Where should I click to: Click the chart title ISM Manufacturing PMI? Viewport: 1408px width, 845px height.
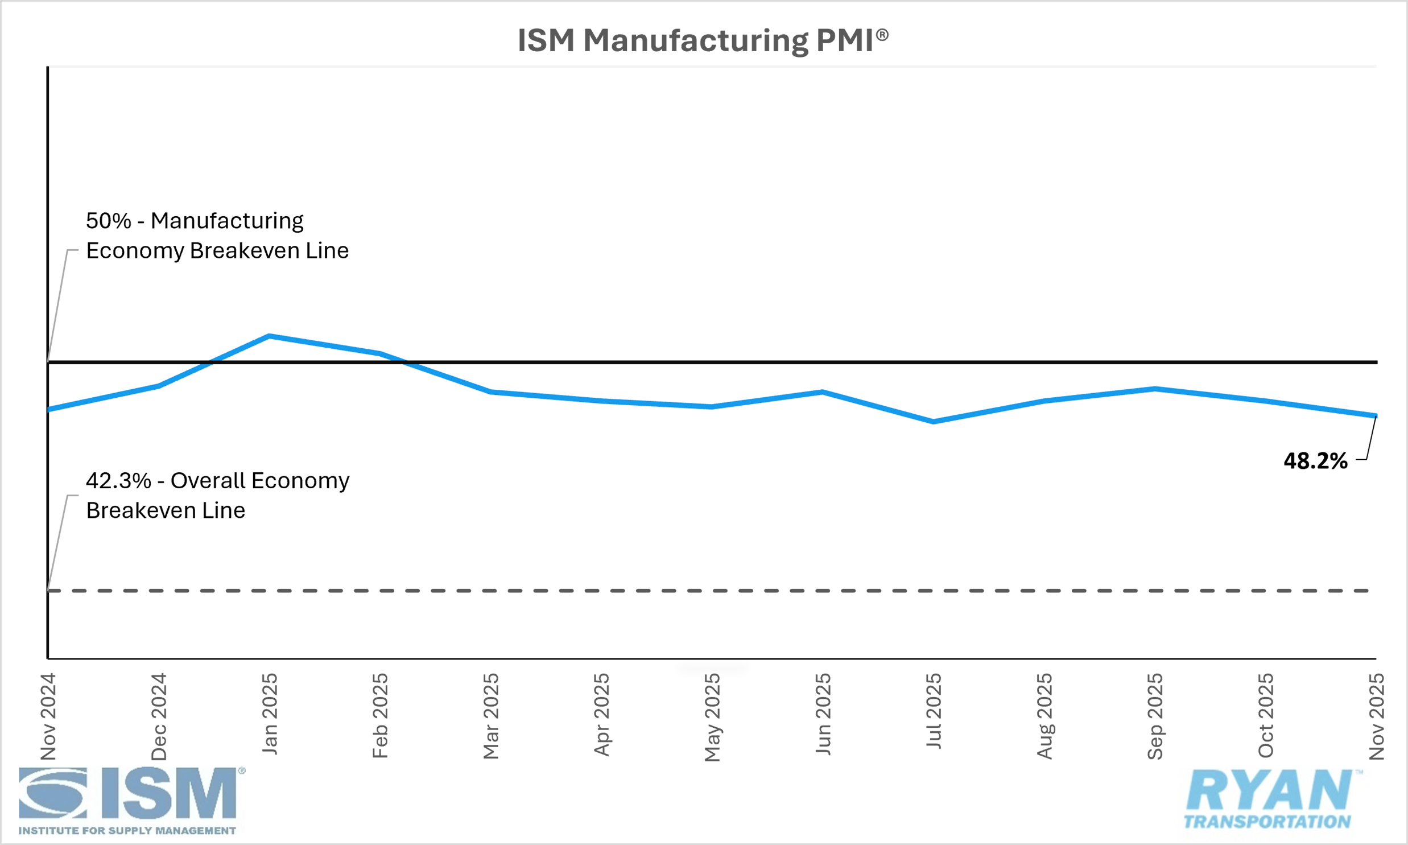702,41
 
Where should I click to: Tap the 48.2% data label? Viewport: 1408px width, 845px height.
1315,461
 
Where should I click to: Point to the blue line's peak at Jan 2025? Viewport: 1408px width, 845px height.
269,336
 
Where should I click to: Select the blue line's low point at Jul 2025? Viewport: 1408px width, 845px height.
934,422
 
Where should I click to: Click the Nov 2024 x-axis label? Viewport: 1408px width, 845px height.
48,716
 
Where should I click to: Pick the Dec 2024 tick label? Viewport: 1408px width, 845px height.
159,716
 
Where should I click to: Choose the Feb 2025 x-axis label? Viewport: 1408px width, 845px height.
380,716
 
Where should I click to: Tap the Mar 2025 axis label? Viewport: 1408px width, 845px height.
490,716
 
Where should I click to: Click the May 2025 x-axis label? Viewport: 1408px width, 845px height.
712,717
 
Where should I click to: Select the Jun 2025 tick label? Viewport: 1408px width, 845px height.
823,714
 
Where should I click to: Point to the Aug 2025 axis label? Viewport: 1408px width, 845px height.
1044,716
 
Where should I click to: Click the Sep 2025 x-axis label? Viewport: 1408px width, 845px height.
1155,716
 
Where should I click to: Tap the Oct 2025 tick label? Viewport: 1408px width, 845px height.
1266,716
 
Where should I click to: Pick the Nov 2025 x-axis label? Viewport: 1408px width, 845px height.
1376,716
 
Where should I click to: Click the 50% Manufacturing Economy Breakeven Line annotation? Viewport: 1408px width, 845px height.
217,236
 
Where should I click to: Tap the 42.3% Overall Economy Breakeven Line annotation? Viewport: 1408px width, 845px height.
217,496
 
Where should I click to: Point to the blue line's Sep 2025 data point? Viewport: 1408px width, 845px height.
1155,389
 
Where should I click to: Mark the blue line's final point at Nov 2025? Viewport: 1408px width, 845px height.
1376,415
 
